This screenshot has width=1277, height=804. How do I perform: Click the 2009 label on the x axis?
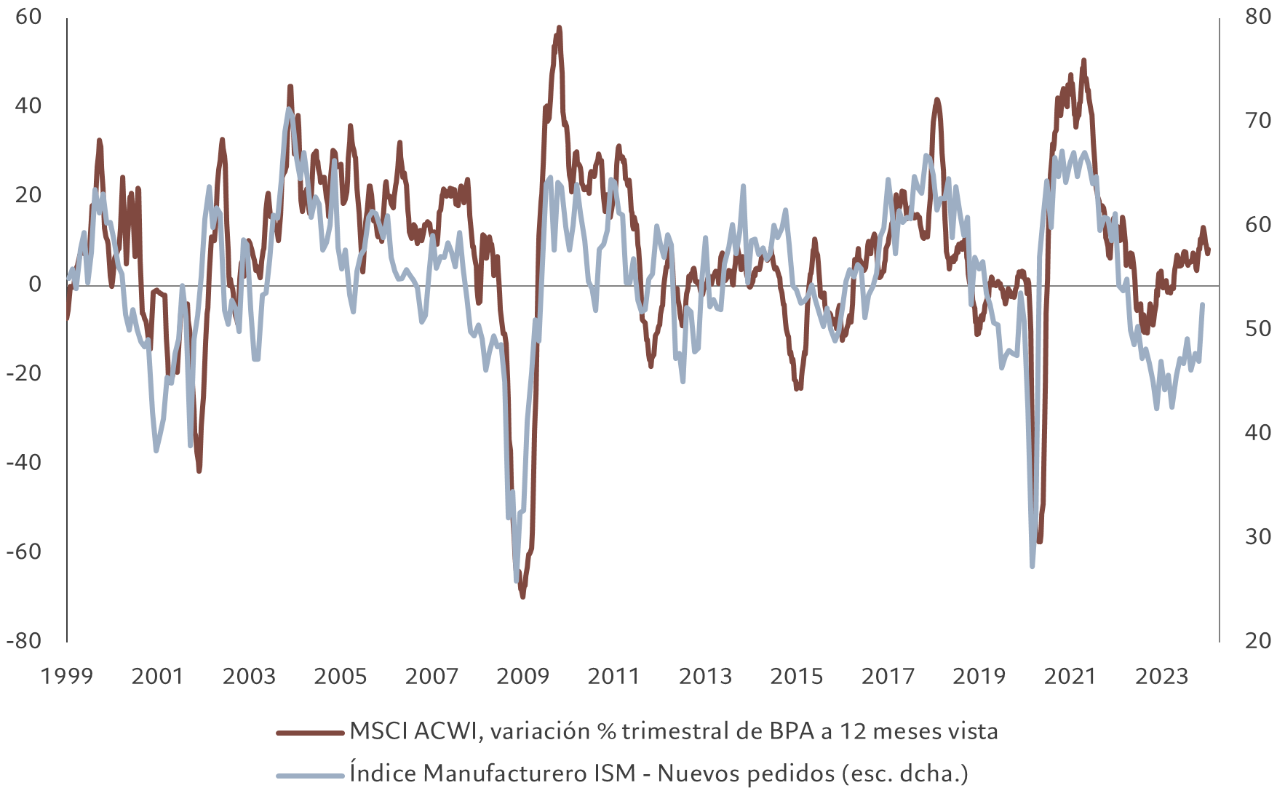(522, 677)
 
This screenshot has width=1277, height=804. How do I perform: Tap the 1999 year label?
(67, 677)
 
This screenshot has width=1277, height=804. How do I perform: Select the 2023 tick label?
(1161, 677)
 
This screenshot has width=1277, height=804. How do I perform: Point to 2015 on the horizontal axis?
(796, 677)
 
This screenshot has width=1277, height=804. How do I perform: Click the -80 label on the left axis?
(24, 641)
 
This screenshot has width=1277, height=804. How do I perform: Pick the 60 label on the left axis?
(28, 17)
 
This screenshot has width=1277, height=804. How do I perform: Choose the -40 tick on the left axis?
(24, 463)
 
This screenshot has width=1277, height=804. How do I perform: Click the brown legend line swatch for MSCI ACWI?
(310, 733)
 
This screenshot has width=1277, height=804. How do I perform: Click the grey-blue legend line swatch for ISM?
(310, 775)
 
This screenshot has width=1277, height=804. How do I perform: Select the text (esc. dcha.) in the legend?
(904, 773)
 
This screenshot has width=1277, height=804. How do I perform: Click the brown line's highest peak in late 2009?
(559, 28)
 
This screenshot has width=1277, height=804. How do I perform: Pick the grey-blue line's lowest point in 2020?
(1033, 565)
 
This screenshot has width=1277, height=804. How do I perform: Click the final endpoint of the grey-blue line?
(1202, 305)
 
